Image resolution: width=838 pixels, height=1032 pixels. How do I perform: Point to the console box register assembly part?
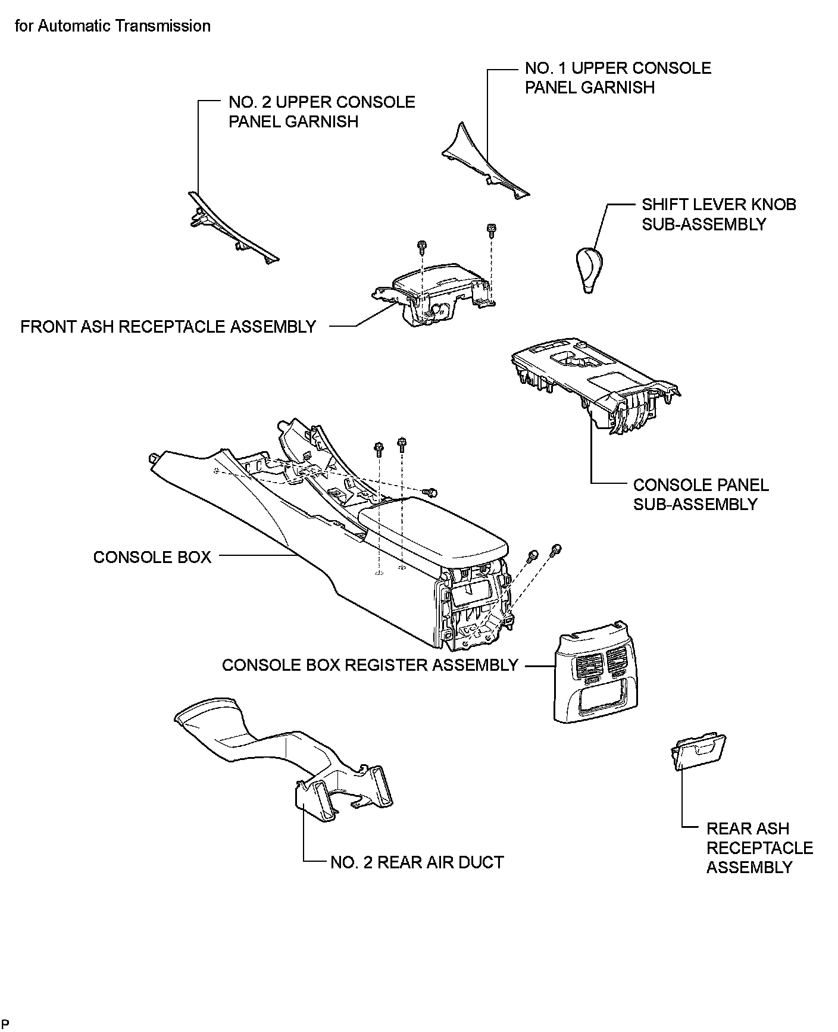coord(593,673)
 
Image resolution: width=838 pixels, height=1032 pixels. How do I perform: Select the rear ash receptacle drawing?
coord(698,751)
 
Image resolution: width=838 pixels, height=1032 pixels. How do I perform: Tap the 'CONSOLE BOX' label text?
coord(152,557)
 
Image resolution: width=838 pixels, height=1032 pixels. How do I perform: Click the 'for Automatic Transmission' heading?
coord(112,26)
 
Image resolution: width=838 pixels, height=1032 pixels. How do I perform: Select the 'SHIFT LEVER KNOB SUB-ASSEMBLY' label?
coord(719,214)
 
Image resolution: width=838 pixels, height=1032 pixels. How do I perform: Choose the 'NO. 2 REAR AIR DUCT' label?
coord(417,862)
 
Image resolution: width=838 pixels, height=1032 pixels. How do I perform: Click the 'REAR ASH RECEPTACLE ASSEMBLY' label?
coord(759,848)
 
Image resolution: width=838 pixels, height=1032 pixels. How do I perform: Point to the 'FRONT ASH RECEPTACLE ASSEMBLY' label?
coord(168,327)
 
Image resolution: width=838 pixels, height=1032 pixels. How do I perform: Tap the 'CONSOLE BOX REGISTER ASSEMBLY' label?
coord(370,665)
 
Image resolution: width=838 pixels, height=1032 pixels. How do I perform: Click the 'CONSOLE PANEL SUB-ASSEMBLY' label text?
coord(701,495)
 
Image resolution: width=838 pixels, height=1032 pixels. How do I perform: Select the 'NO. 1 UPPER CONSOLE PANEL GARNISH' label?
coord(618,77)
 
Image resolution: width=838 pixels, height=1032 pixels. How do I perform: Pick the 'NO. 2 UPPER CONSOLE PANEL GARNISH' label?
coord(322,111)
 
